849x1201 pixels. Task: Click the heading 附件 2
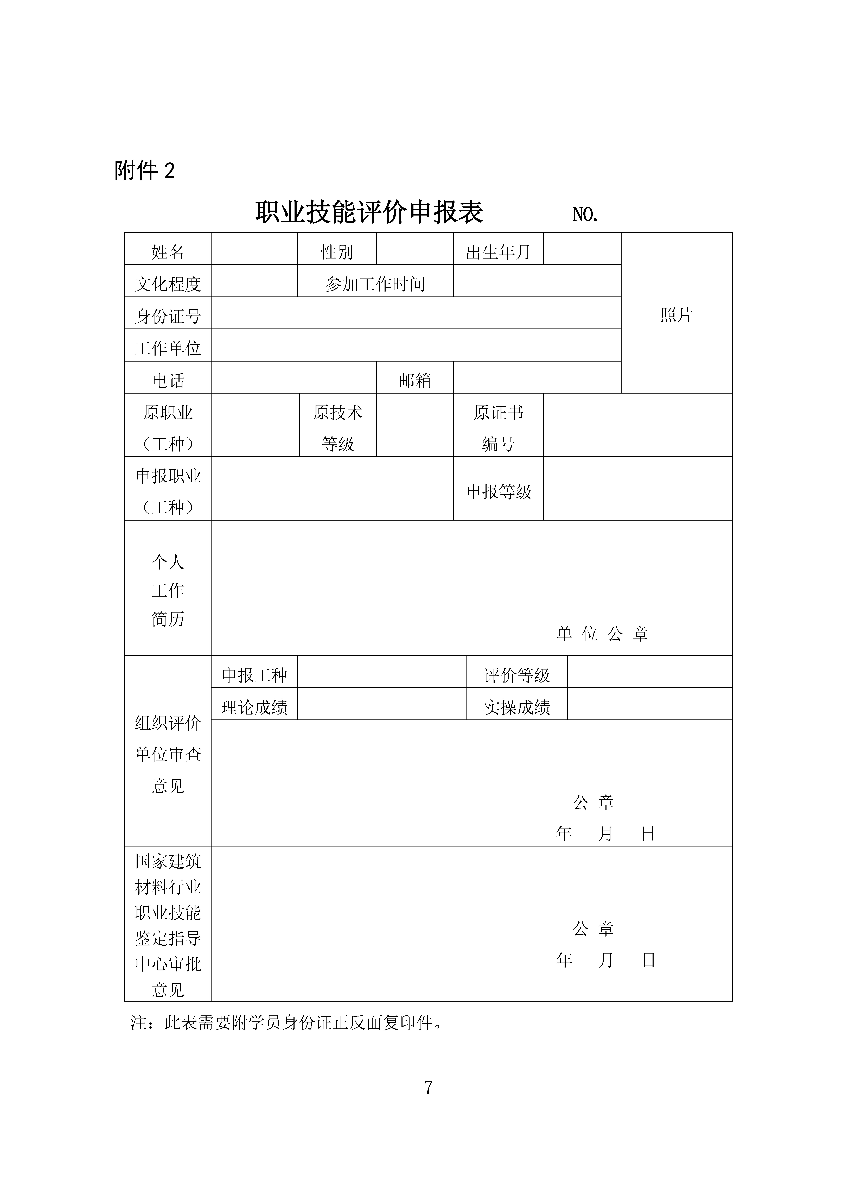point(144,171)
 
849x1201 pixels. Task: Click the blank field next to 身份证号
point(416,313)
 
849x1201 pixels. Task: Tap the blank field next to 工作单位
point(416,345)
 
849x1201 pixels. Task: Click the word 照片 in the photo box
point(676,314)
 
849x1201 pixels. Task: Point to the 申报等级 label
point(499,491)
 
